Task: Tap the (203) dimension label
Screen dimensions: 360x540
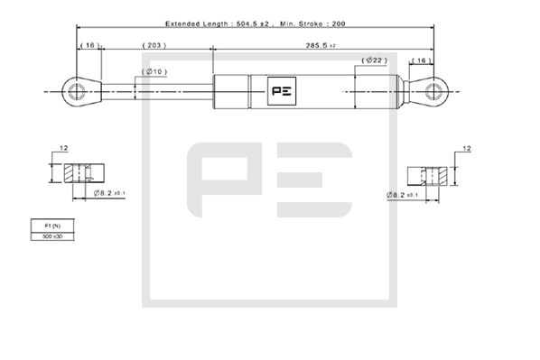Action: click(x=154, y=43)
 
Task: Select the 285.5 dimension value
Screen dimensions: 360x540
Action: click(x=320, y=43)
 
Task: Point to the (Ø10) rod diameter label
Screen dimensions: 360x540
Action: click(x=154, y=71)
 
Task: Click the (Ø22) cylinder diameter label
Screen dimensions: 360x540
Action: click(x=374, y=60)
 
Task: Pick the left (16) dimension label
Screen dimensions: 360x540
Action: click(x=89, y=43)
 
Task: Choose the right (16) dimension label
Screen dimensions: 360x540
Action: click(x=421, y=60)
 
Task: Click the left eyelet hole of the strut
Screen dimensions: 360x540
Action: click(x=75, y=90)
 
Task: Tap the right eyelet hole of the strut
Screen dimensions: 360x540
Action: click(x=434, y=90)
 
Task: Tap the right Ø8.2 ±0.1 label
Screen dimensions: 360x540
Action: click(x=403, y=195)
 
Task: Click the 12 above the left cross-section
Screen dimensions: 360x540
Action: click(x=64, y=147)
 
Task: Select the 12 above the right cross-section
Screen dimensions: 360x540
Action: click(x=466, y=147)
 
